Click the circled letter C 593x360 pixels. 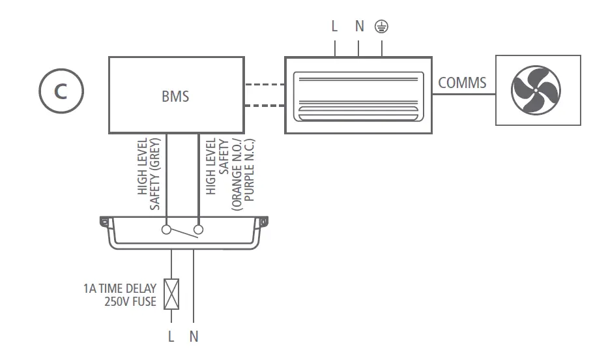pos(61,91)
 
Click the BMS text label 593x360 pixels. pos(175,97)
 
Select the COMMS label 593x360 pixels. pos(462,83)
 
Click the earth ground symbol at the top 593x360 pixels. pos(381,27)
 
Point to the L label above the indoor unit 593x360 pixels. pos(334,27)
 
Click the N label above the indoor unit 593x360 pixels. pos(359,27)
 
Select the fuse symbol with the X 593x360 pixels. pos(171,294)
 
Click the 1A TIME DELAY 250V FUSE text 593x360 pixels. pos(120,295)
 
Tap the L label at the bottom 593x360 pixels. pos(171,337)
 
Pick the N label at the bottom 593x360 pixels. pos(194,337)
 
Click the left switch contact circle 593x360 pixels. pos(167,230)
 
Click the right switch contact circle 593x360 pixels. pos(198,230)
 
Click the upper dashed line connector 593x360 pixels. pos(265,85)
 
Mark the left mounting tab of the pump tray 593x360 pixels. pos(104,222)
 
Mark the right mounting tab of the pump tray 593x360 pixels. pos(263,222)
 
